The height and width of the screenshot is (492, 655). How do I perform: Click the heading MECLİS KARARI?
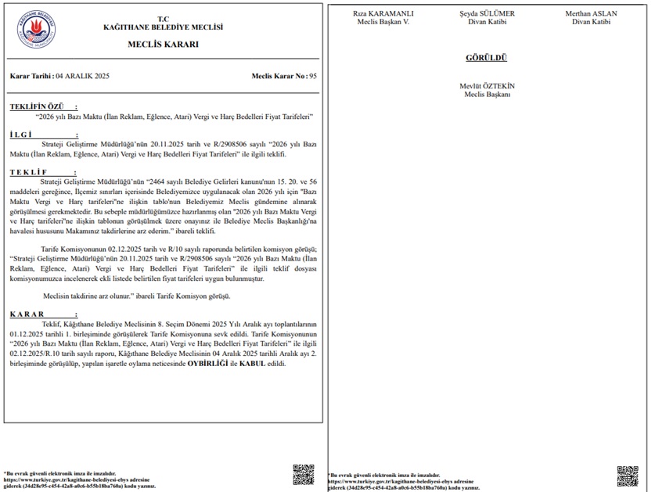click(163, 45)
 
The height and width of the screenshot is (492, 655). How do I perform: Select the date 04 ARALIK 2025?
click(84, 77)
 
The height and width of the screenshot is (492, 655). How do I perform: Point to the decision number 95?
click(313, 77)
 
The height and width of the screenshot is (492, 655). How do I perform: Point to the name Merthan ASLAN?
click(591, 14)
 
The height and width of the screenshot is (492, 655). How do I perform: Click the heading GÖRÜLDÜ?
click(487, 58)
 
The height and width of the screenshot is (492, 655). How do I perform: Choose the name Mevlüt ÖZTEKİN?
click(487, 86)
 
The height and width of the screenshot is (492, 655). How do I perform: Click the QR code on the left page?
click(304, 475)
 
